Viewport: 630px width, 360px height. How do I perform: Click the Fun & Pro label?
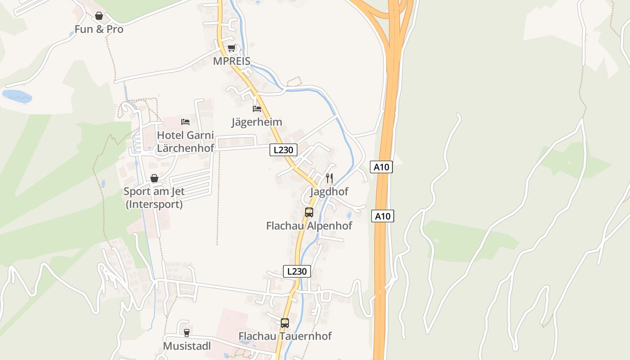[x=99, y=30]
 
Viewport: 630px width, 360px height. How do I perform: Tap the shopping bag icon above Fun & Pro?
[x=99, y=16]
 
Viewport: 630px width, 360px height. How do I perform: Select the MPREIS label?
[x=231, y=61]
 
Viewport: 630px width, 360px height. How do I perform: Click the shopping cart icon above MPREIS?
[x=231, y=48]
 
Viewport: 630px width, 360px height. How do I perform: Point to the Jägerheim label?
[x=256, y=122]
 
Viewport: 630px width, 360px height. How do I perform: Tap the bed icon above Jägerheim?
[x=257, y=109]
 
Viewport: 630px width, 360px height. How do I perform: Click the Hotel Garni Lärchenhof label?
[x=185, y=141]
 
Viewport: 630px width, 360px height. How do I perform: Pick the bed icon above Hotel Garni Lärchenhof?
[x=185, y=122]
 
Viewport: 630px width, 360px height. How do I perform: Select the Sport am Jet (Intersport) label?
[x=154, y=198]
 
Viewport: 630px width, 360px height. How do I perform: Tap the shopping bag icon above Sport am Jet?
[x=154, y=179]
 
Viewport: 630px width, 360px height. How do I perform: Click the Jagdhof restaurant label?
[x=329, y=192]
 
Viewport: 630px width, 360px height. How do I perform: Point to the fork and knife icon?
[x=329, y=178]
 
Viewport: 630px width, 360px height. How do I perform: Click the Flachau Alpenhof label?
[x=309, y=225]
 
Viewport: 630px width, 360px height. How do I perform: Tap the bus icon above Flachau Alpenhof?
[x=309, y=212]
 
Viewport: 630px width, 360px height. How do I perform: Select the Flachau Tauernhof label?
[x=285, y=336]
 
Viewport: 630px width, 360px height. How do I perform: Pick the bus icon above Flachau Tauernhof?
[x=285, y=323]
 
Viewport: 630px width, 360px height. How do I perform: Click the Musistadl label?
[x=187, y=346]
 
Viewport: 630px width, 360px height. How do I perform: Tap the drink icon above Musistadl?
[x=186, y=333]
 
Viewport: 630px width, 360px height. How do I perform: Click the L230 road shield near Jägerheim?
[x=283, y=150]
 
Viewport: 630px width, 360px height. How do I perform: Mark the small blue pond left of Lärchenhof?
[x=17, y=95]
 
